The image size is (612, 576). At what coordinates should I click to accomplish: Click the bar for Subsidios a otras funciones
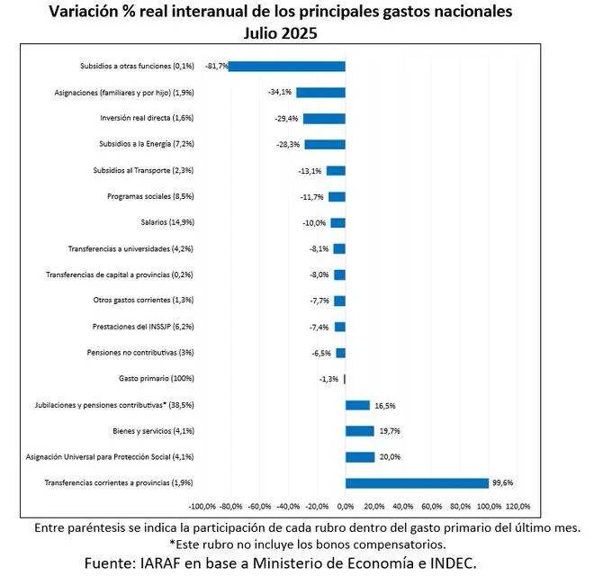click(287, 66)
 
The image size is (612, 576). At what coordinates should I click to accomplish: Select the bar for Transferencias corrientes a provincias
click(417, 483)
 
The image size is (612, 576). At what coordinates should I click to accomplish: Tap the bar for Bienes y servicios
click(359, 431)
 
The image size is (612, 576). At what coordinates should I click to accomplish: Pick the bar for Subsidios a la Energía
click(325, 144)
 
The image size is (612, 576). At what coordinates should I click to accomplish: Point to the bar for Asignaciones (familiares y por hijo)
click(320, 92)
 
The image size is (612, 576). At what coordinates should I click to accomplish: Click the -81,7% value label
click(217, 66)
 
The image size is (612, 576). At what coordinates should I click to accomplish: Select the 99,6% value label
click(503, 483)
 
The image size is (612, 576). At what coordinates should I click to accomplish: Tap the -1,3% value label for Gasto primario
click(328, 379)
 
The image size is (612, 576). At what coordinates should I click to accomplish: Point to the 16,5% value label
click(385, 405)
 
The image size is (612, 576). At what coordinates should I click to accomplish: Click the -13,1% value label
click(311, 170)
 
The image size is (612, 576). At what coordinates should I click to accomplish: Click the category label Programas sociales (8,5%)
click(150, 196)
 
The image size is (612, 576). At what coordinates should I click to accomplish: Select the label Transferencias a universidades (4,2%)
click(130, 248)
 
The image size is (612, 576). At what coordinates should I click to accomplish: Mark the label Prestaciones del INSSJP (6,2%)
click(143, 327)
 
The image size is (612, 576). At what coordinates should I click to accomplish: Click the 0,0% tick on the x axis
click(346, 506)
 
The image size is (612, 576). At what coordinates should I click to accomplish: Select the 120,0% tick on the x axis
click(517, 506)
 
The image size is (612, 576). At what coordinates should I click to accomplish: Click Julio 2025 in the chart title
click(282, 32)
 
